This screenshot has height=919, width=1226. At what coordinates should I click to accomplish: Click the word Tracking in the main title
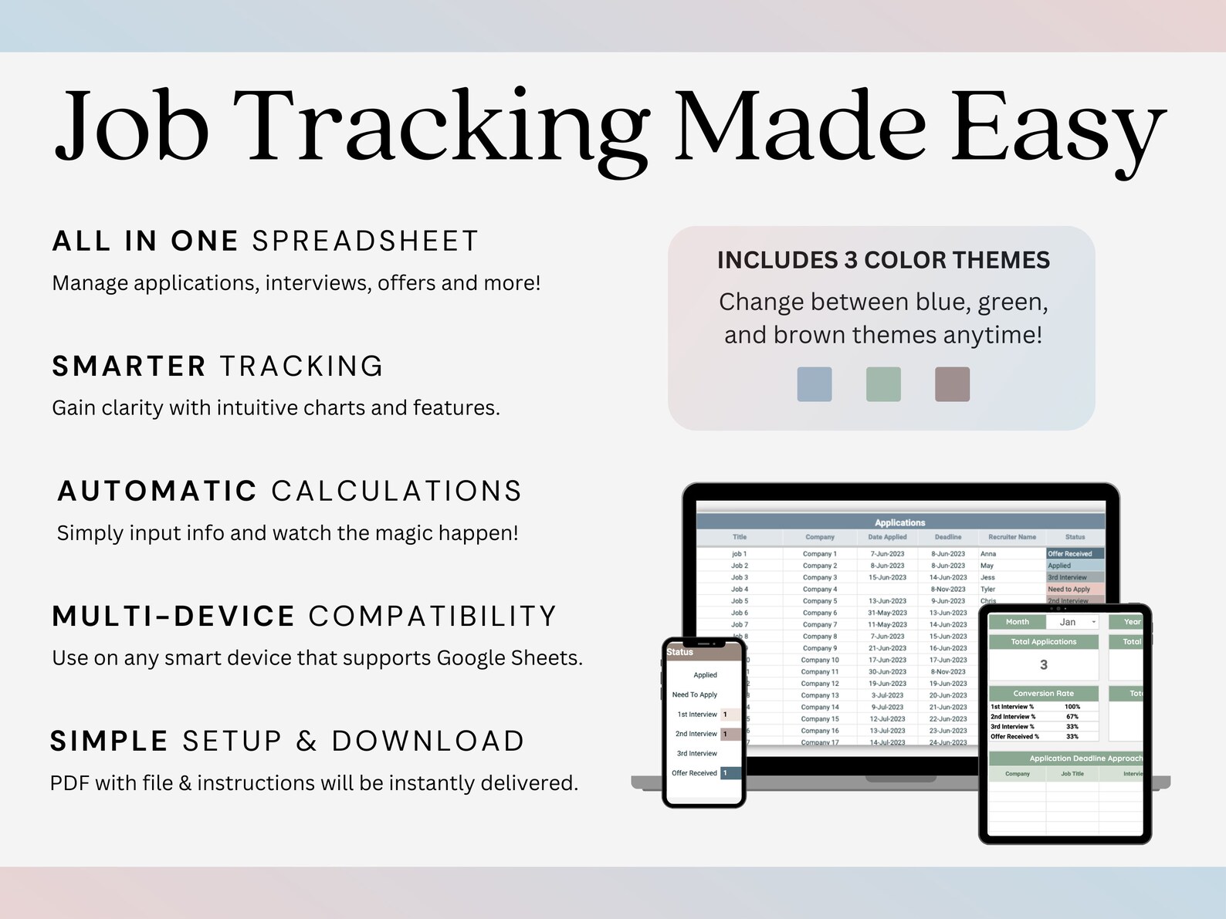[440, 127]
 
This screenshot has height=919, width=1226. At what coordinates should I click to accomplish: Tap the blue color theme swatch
[814, 384]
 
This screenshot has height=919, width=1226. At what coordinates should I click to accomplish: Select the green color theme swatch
[883, 384]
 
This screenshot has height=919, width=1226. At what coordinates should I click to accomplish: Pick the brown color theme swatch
[952, 384]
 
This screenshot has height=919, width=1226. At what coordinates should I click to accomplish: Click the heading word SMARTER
[129, 367]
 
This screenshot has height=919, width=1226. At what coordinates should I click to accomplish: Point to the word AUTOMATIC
[157, 492]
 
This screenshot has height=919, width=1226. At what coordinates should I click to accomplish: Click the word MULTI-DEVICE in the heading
[174, 617]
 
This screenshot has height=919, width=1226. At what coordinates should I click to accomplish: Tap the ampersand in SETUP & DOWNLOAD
[306, 742]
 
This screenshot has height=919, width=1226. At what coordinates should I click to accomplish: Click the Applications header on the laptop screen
[899, 522]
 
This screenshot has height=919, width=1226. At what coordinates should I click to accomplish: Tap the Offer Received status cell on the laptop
[1073, 554]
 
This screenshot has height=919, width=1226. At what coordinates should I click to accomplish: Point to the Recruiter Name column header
[1011, 537]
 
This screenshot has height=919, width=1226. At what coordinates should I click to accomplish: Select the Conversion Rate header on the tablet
[1043, 694]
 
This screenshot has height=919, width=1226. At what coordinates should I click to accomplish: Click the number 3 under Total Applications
[1043, 665]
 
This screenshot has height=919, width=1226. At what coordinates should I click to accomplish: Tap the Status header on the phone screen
[680, 652]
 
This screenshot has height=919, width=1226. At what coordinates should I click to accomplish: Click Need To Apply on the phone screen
[694, 694]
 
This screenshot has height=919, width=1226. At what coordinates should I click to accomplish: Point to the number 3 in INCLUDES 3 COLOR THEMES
[851, 261]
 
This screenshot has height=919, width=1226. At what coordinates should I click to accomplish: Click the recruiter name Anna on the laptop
[988, 554]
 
